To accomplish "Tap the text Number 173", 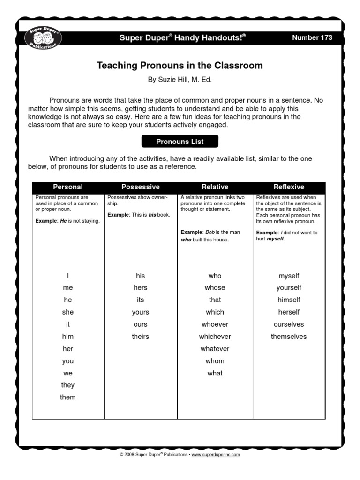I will [312, 37].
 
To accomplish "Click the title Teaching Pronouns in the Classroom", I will [180, 66].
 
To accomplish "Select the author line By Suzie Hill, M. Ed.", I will [180, 80].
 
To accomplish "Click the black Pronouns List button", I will [180, 141].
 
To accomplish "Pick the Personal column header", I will [68, 187].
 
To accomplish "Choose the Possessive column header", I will [141, 187].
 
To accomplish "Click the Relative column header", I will [215, 187].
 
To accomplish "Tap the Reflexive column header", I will [289, 187].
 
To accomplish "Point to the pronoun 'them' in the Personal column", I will [68, 397].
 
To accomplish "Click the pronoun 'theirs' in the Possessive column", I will [141, 336].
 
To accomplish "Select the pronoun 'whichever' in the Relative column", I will [215, 336].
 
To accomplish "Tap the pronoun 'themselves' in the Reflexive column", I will [289, 336].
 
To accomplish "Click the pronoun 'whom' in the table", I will [215, 361].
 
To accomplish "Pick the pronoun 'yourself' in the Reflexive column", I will [289, 287].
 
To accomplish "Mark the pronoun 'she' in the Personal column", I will [68, 312].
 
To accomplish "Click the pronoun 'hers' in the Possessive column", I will [141, 287].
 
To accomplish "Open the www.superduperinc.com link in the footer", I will [216, 455].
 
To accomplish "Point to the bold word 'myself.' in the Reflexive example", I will [276, 239].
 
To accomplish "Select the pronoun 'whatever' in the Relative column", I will [215, 349].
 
